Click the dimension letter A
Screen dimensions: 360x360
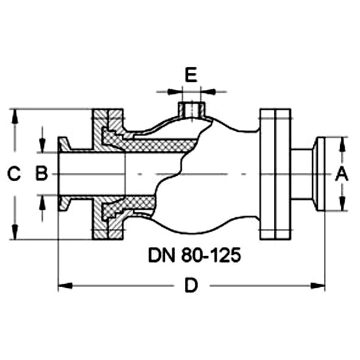(x=342, y=174)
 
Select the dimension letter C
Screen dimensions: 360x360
(x=14, y=174)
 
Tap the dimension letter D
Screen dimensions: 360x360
(x=191, y=285)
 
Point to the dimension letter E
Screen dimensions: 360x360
(x=191, y=74)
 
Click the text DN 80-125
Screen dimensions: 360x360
(x=194, y=255)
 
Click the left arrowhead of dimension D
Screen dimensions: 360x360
(x=65, y=286)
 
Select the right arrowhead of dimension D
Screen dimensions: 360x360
(x=318, y=286)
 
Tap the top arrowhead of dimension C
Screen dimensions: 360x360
(x=15, y=116)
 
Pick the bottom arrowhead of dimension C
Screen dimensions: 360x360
(x=15, y=232)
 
